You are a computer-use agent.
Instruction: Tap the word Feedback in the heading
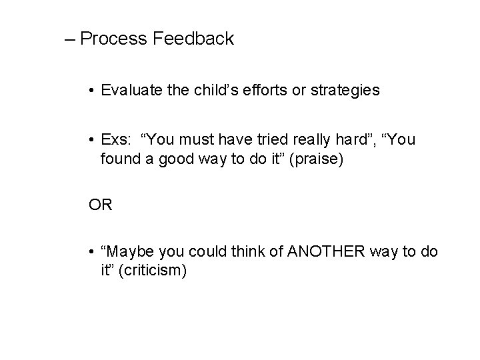point(193,39)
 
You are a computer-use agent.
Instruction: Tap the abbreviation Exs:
point(116,140)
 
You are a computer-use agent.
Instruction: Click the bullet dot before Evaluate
point(91,91)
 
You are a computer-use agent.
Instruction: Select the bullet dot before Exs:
point(91,141)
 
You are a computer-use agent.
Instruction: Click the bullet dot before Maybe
point(91,251)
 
